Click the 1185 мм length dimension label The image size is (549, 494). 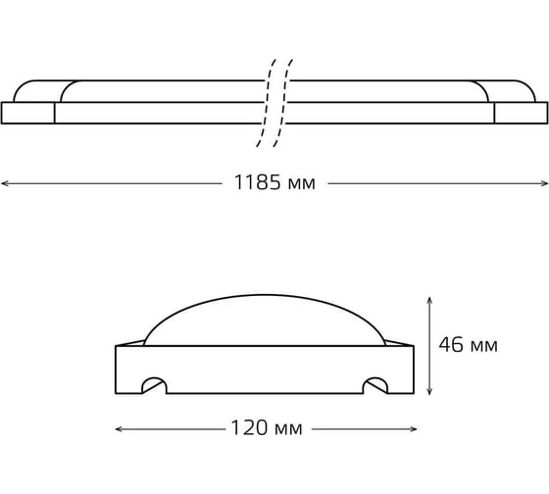pos(274,182)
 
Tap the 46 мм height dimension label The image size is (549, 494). pos(469,344)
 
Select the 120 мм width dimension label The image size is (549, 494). pos(267,427)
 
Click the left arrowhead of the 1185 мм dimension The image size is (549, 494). pos(5,183)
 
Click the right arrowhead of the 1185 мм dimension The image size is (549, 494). pos(544,183)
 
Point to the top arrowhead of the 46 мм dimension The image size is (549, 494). pos(429,301)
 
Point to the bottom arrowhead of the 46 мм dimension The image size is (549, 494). pos(429,391)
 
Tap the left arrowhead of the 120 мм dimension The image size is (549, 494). pos(120,429)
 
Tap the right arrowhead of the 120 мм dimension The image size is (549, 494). pos(413,429)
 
